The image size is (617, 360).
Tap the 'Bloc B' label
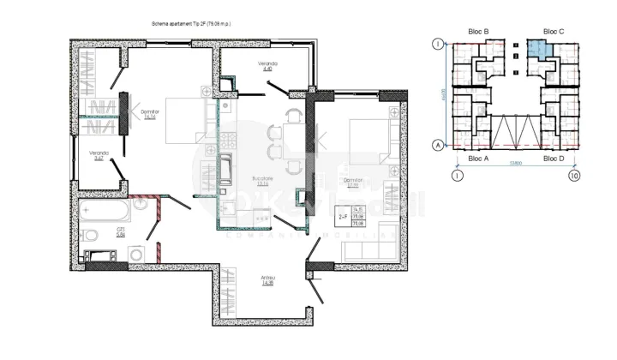479,32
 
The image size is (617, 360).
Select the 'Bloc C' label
554,32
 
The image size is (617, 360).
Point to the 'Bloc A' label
479,159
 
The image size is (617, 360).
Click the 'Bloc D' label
554,159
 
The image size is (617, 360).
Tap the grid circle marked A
438,145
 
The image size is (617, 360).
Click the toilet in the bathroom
90,234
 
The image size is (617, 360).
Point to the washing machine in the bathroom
137,254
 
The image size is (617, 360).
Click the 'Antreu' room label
268,279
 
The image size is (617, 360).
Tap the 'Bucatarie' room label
262,179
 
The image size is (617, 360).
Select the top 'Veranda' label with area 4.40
268,67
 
